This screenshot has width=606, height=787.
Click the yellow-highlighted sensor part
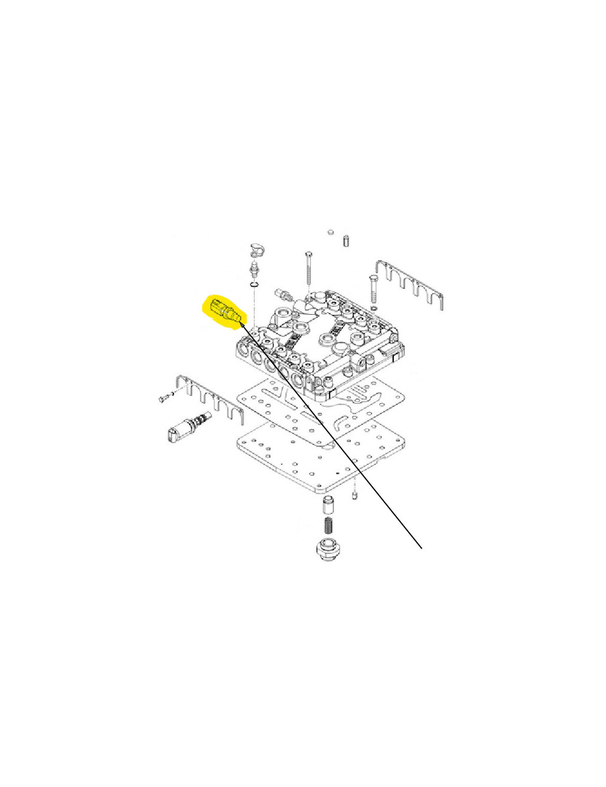point(222,311)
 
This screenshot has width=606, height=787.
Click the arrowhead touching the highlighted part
point(242,323)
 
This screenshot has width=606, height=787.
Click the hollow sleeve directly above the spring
point(327,504)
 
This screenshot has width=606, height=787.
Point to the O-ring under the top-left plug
point(255,285)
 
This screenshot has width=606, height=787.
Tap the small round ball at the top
point(331,232)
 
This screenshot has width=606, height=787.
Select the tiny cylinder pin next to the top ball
point(347,240)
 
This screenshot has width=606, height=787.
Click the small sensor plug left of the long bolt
point(284,294)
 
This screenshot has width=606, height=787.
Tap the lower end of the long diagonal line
point(422,550)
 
